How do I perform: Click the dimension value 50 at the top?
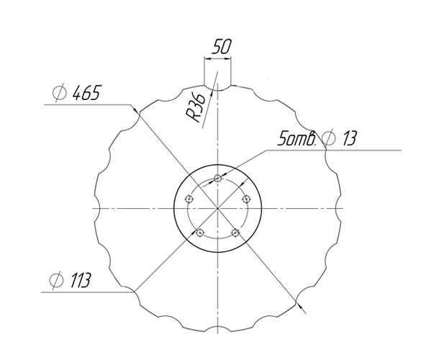[x=219, y=48]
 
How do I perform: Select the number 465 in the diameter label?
[x=86, y=94]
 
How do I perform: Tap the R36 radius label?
[x=194, y=107]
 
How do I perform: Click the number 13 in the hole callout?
[x=349, y=138]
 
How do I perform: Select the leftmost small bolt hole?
[x=189, y=199]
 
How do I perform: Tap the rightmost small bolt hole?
[x=246, y=199]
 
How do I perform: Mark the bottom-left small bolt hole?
[x=200, y=233]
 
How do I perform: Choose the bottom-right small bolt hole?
[x=235, y=233]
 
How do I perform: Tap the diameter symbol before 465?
[x=59, y=94]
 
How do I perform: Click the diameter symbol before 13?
[x=330, y=138]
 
